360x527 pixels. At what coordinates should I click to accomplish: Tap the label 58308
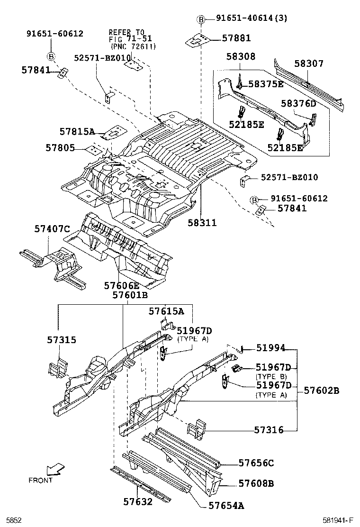point(241,57)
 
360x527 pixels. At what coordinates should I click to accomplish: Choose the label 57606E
point(122,285)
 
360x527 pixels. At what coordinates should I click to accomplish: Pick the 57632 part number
point(138,501)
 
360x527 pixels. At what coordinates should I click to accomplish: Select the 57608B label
point(256,483)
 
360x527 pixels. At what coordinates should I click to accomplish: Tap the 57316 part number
point(269,430)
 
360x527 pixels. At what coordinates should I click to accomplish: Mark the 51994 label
point(270,348)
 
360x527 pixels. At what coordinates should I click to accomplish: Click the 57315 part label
point(61,340)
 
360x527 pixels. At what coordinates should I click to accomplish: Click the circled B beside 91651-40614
point(201,19)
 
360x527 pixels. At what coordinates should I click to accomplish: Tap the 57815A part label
point(77,131)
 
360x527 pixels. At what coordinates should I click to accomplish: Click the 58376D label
point(298,103)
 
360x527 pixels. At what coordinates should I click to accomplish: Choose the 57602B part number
point(322,391)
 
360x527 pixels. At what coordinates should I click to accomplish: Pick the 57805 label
point(60,148)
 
